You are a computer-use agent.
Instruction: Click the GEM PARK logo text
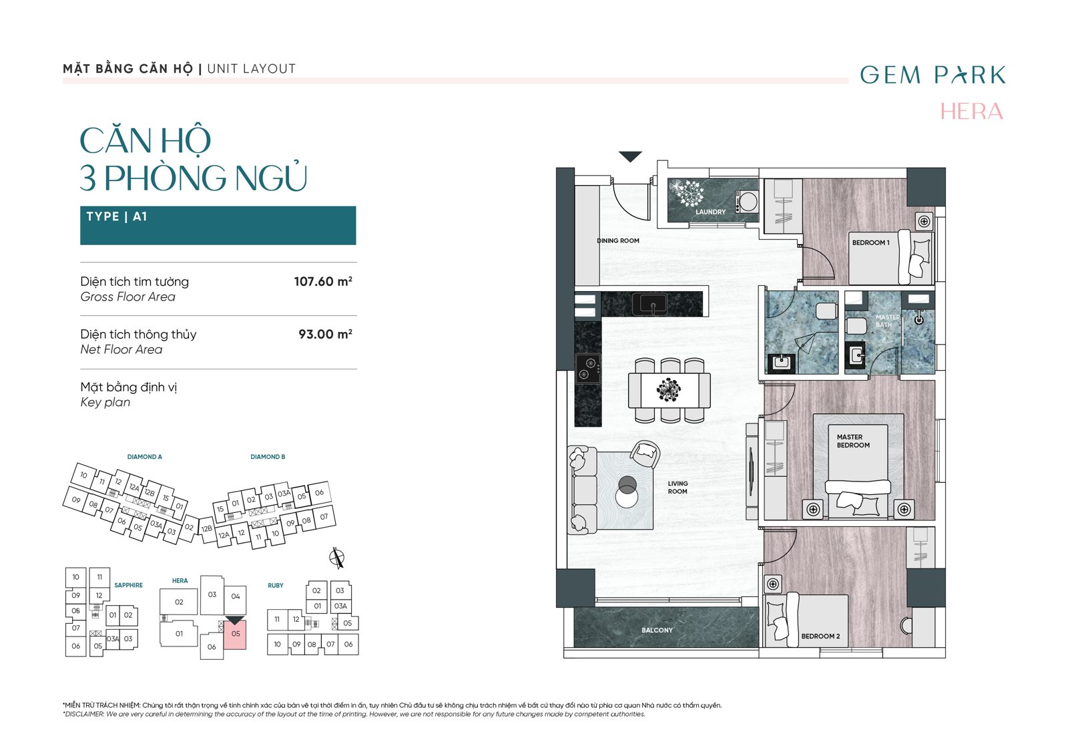point(932,75)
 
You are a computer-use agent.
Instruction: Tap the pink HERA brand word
point(972,112)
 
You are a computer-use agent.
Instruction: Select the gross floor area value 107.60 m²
point(323,281)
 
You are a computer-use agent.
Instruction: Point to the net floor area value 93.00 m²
point(326,334)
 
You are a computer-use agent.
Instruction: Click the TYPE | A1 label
point(117,216)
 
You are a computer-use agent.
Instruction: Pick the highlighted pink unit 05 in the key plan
point(236,634)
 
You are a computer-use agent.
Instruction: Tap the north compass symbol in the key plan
point(337,558)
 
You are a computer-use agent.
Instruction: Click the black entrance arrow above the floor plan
point(630,156)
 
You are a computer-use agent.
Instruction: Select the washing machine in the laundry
point(747,201)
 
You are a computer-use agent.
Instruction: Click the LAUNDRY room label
point(710,212)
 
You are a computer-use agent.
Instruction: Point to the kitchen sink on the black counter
point(650,305)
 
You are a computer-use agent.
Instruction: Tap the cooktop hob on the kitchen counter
point(588,368)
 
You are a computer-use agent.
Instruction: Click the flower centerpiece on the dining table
point(668,390)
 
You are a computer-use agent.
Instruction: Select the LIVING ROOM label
point(678,488)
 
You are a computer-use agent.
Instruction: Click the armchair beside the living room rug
point(645,454)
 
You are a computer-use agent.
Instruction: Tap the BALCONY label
point(657,630)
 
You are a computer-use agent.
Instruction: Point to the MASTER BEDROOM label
point(853,441)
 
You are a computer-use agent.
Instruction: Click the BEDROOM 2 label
point(820,636)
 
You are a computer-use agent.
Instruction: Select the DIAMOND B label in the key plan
point(268,457)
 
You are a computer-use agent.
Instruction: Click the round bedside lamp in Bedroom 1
point(924,221)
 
